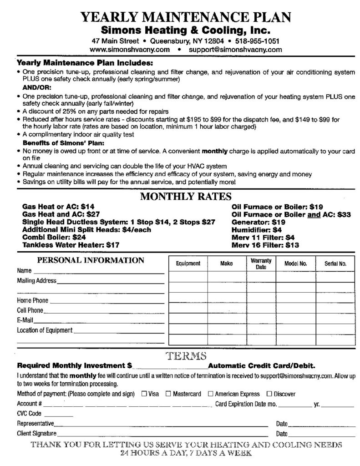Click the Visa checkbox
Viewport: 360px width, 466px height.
(144, 394)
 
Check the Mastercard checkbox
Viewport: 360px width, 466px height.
(168, 394)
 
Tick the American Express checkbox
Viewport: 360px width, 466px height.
(210, 394)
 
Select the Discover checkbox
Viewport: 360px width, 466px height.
(269, 394)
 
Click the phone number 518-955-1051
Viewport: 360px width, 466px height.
(257, 41)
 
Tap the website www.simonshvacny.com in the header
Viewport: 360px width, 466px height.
(130, 49)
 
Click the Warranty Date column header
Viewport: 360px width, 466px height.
(261, 263)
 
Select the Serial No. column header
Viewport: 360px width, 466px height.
(335, 263)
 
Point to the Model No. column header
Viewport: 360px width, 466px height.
(296, 263)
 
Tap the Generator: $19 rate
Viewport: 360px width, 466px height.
(259, 222)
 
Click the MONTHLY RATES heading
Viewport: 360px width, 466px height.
(186, 197)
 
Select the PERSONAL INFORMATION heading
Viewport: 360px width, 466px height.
(90, 261)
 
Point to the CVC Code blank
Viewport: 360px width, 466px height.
(58, 415)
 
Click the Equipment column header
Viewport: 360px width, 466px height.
(188, 263)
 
